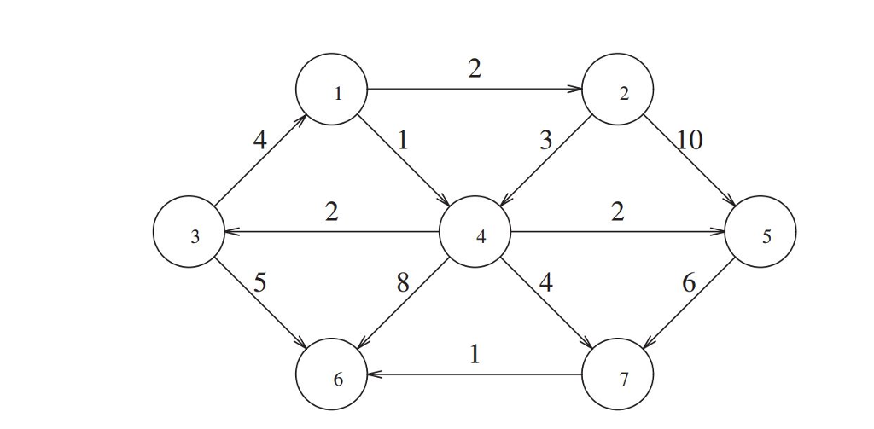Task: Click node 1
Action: click(x=331, y=89)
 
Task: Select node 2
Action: click(x=617, y=89)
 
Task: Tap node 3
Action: click(x=189, y=232)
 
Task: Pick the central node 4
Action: click(x=475, y=232)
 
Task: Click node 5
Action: click(x=760, y=232)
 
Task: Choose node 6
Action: click(x=331, y=374)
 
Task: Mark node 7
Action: click(x=617, y=374)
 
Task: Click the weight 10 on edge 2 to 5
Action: click(x=690, y=140)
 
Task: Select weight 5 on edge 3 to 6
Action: click(x=260, y=282)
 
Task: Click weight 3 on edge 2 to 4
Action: click(x=546, y=140)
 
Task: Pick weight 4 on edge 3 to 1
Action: click(x=260, y=140)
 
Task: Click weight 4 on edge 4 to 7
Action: click(x=546, y=282)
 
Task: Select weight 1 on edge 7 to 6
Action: click(x=475, y=353)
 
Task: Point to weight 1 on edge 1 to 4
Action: click(x=404, y=140)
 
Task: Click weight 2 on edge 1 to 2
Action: click(x=475, y=68)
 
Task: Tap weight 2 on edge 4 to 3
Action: click(x=331, y=211)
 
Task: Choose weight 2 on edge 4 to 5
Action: click(x=617, y=211)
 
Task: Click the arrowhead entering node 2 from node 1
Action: click(x=576, y=89)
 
